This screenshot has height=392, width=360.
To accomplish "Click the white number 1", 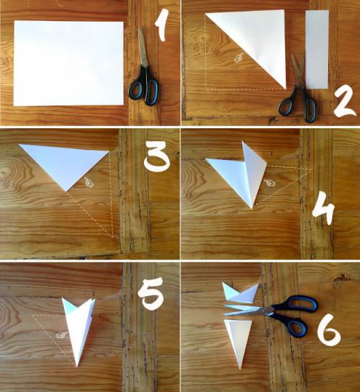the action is pyautogui.click(x=161, y=25).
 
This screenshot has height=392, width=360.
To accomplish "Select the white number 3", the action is pyautogui.click(x=157, y=157).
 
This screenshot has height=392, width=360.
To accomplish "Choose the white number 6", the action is pyautogui.click(x=329, y=329).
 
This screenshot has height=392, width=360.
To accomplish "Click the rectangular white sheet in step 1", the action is pyautogui.click(x=68, y=63).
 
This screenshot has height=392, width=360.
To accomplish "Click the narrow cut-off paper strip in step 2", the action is pyautogui.click(x=317, y=49).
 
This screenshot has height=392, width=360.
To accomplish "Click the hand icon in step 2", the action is pyautogui.click(x=238, y=58).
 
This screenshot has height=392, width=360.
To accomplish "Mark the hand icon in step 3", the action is pyautogui.click(x=89, y=182).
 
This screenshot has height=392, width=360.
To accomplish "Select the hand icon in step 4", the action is pyautogui.click(x=270, y=184).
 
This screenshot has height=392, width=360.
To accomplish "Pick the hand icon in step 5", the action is pyautogui.click(x=62, y=335).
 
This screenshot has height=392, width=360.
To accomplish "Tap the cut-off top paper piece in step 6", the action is pyautogui.click(x=240, y=293).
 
